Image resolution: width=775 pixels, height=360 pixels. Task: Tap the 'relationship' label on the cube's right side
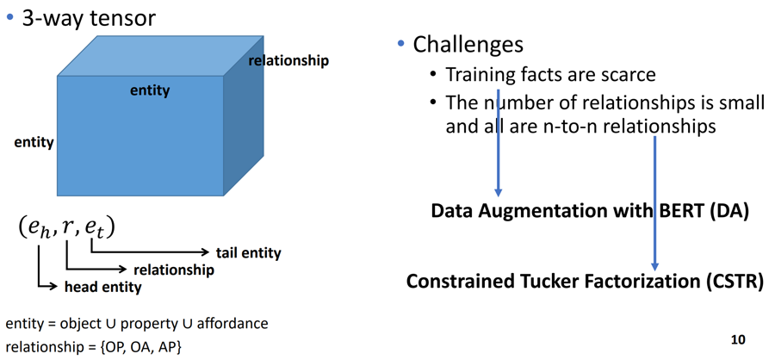click(288, 60)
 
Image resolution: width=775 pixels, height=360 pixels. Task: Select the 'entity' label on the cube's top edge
click(150, 90)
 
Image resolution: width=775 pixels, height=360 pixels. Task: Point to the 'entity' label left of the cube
click(34, 142)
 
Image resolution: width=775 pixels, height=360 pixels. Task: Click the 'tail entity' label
click(248, 252)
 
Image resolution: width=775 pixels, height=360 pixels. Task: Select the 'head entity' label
click(102, 287)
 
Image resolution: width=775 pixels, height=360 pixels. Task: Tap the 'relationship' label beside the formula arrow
click(174, 270)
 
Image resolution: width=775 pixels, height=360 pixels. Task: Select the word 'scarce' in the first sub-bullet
click(625, 75)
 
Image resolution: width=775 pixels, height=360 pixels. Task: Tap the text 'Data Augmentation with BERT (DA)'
click(589, 211)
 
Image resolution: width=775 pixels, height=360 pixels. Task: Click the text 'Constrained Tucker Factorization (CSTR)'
click(585, 282)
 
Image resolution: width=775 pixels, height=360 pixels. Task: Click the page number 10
click(737, 338)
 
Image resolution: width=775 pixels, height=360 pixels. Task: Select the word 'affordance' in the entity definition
click(232, 323)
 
